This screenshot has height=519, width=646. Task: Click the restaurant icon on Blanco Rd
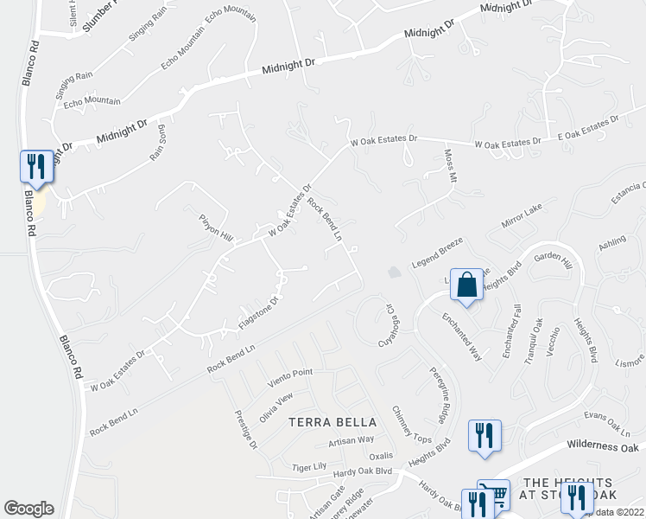(36, 166)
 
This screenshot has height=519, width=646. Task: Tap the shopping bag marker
(466, 285)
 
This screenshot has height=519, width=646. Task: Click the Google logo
(28, 509)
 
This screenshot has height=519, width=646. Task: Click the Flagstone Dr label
(258, 314)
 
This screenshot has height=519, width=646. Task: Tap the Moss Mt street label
(449, 165)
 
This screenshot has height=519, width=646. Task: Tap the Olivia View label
(277, 404)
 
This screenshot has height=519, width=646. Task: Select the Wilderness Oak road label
(603, 446)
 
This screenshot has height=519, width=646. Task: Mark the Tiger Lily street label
(309, 467)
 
